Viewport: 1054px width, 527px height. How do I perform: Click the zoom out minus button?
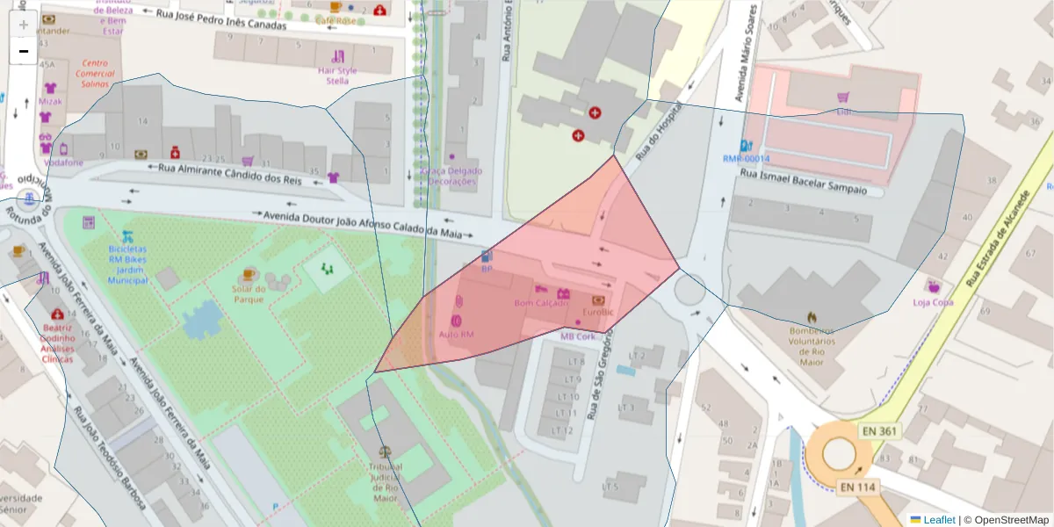coord(24,51)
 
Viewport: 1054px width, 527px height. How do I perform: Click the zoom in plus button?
coord(24,24)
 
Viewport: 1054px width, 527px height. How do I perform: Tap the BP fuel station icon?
coord(487,256)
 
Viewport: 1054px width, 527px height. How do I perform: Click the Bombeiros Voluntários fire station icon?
coord(812,317)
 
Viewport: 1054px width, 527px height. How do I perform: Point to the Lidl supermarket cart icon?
coord(843,97)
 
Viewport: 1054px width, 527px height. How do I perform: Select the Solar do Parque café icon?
coord(249,274)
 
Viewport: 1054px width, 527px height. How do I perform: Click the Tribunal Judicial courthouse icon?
coord(385,454)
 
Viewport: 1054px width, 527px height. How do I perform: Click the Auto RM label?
coord(456,335)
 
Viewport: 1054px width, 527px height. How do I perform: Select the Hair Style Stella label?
coord(337,76)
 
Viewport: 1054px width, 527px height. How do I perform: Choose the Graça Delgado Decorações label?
coord(451,177)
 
